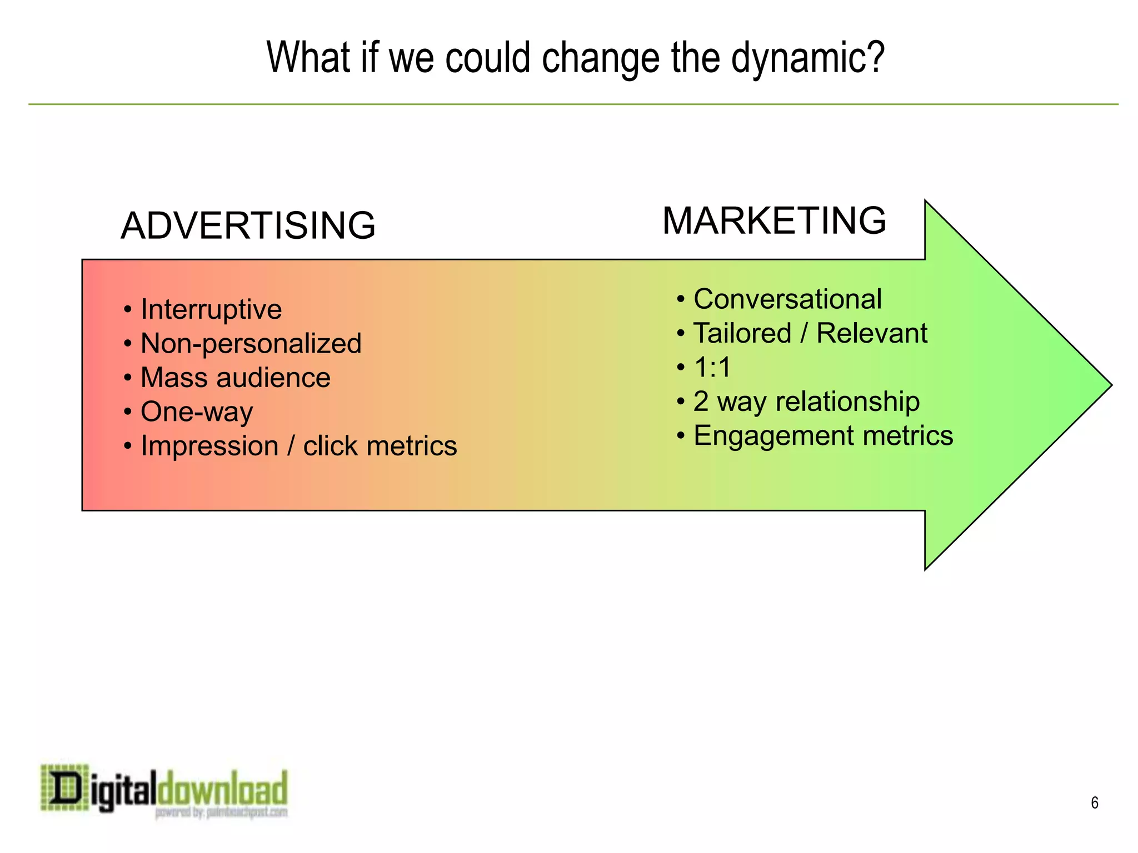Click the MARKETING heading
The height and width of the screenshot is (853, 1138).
(x=774, y=220)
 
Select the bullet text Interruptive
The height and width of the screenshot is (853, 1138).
(x=211, y=309)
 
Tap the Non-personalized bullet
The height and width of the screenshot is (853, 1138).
(x=251, y=343)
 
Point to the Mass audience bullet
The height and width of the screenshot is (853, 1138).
(x=235, y=378)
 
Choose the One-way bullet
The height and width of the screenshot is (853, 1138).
(x=197, y=412)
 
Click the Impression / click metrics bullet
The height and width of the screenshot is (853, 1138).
(x=298, y=446)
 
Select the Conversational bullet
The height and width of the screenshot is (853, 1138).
(x=787, y=299)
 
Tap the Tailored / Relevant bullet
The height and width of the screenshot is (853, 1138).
(x=810, y=333)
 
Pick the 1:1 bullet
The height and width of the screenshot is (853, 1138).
(x=712, y=367)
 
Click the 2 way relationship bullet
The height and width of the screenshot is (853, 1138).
(x=806, y=402)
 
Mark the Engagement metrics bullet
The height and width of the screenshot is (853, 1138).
(x=823, y=435)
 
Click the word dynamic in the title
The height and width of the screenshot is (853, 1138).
(x=807, y=58)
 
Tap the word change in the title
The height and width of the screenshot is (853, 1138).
(x=602, y=58)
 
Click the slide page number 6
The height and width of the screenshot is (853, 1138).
(x=1094, y=802)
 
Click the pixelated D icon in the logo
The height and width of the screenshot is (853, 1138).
(x=64, y=787)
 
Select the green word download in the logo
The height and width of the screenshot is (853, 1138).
(x=222, y=787)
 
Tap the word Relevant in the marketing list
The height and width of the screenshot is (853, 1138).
(x=871, y=333)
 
